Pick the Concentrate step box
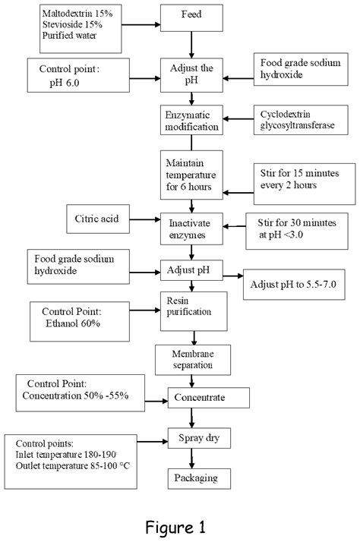click(207, 396)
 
